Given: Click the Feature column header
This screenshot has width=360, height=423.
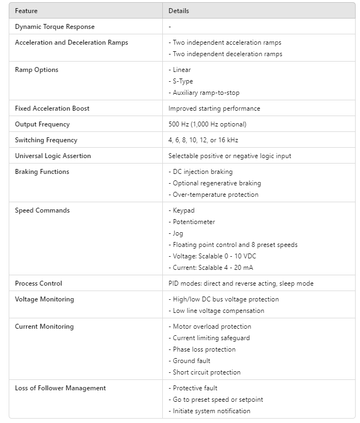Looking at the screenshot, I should [x=26, y=11].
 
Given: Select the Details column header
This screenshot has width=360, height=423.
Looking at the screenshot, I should [x=179, y=11].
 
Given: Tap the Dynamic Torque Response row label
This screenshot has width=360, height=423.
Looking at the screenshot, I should [x=54, y=27].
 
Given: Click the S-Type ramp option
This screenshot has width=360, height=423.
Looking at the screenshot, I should [x=182, y=81].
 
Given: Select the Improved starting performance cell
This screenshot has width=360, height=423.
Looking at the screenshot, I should [x=214, y=108].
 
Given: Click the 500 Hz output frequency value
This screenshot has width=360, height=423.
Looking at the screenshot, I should [x=208, y=124].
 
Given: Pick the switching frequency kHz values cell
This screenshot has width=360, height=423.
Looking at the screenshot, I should [x=203, y=140].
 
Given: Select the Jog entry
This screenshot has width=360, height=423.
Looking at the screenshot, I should [x=178, y=233].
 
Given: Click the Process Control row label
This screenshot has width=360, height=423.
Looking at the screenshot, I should [x=39, y=283].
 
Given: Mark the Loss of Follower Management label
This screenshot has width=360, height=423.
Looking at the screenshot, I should [x=60, y=388].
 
